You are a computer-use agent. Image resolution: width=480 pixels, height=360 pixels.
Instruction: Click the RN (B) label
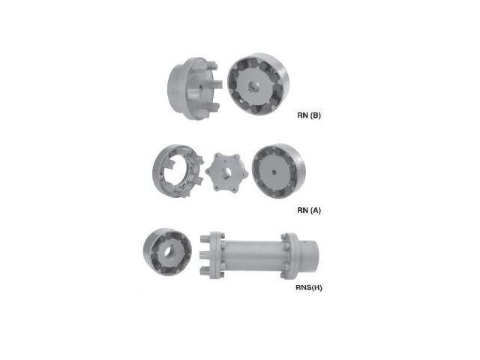tap(309, 115)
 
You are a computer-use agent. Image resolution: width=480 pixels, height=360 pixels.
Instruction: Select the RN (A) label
tap(309, 210)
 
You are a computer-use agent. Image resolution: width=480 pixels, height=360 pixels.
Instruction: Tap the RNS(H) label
tap(309, 287)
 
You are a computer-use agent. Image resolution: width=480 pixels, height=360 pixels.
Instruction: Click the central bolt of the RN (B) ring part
tap(253, 85)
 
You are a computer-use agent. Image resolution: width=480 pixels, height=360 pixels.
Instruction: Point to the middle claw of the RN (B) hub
tap(217, 84)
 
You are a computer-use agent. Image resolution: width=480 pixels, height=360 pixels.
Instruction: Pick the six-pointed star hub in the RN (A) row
tap(226, 172)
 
